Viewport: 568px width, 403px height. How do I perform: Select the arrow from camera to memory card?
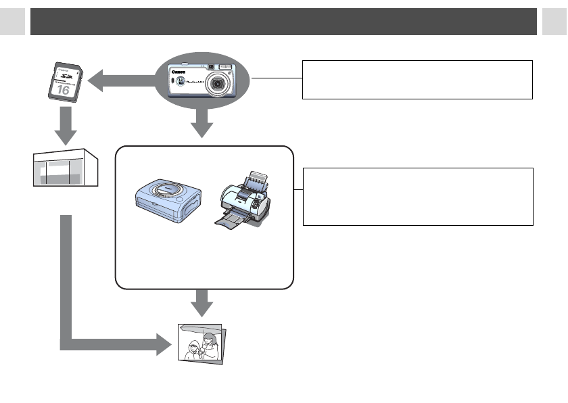tap(122, 81)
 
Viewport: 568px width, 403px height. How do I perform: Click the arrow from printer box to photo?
tap(202, 303)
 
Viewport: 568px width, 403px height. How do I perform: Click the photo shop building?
tap(66, 170)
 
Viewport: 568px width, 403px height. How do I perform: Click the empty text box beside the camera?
tap(417, 79)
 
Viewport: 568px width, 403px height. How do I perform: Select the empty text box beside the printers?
tap(418, 197)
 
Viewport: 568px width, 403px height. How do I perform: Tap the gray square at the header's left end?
tap(12, 22)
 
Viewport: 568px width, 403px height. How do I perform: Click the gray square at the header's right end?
tap(554, 22)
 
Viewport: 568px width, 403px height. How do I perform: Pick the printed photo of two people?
tap(202, 343)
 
